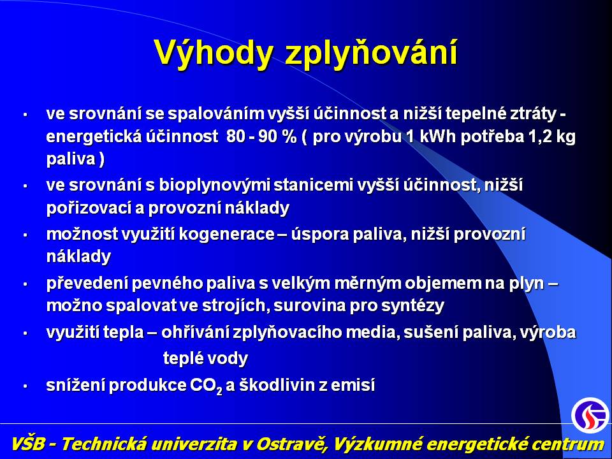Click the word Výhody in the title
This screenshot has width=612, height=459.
pos(214,53)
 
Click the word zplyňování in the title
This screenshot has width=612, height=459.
pos(371,53)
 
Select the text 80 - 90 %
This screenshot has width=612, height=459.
pos(261,136)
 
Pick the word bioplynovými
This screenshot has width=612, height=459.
pos(214,186)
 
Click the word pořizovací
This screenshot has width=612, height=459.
pos(89,208)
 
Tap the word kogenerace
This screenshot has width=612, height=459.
pos(226,235)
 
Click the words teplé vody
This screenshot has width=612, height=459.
pos(205,358)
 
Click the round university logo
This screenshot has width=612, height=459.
pos(590,415)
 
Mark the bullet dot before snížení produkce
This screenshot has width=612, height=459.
pos(25,386)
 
